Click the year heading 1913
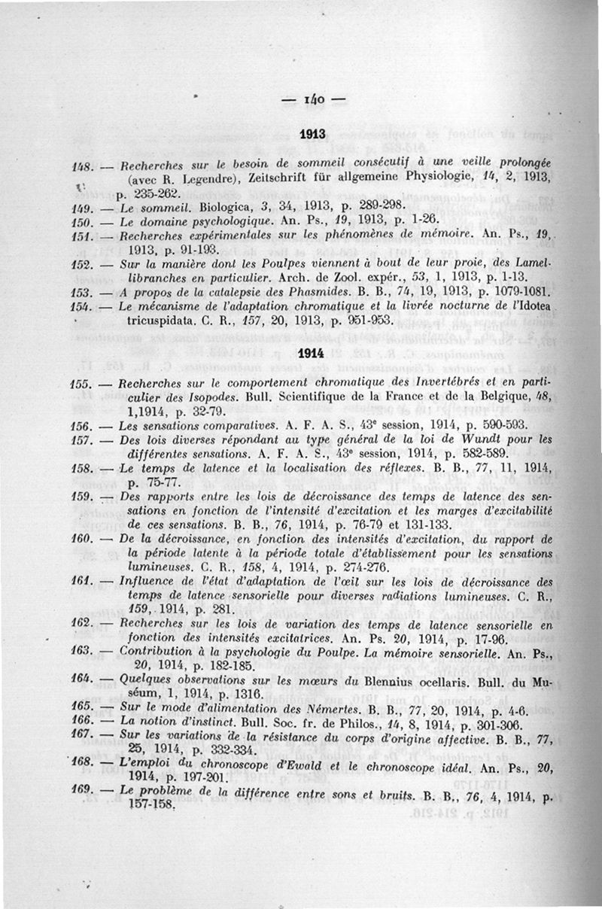[x=311, y=135]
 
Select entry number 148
[x=81, y=166]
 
